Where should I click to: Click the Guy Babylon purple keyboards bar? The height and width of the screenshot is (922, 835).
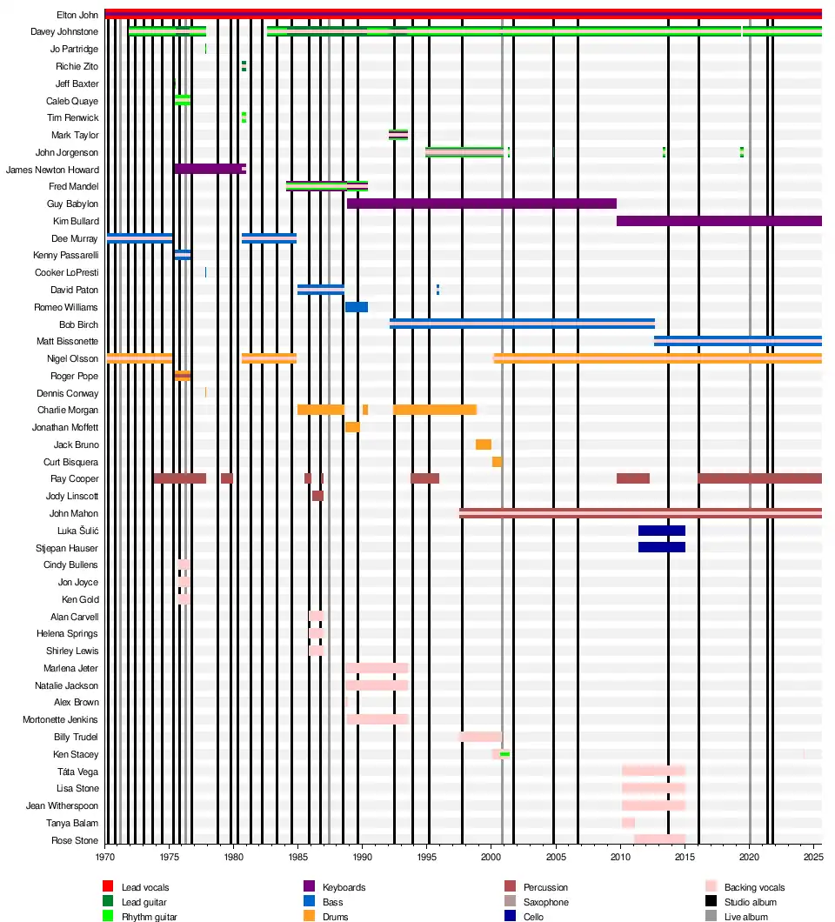pos(481,204)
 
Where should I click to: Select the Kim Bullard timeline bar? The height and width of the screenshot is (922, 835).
pos(718,221)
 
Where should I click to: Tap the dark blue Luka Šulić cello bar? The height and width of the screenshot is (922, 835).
pos(661,531)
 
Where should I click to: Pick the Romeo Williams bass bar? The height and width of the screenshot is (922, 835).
pos(356,307)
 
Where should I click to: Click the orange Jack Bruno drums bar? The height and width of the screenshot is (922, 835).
pos(483,444)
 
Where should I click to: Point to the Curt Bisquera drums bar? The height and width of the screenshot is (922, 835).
pos(497,462)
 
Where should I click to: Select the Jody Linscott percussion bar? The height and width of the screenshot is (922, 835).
pos(317,496)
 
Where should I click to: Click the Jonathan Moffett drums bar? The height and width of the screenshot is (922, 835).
pos(352,427)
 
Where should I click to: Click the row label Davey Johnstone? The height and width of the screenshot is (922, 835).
pos(64,32)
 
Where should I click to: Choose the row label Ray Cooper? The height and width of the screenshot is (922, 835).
pos(76,479)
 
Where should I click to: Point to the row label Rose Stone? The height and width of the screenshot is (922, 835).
pos(75,840)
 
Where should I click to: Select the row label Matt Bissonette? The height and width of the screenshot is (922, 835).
pos(67,342)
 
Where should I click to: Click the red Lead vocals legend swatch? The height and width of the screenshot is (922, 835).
pos(108,887)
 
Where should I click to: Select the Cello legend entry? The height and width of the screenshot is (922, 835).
pos(531,917)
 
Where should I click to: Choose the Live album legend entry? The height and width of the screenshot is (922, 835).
pos(745,917)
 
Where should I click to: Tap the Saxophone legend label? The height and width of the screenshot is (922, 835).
pos(545,903)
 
